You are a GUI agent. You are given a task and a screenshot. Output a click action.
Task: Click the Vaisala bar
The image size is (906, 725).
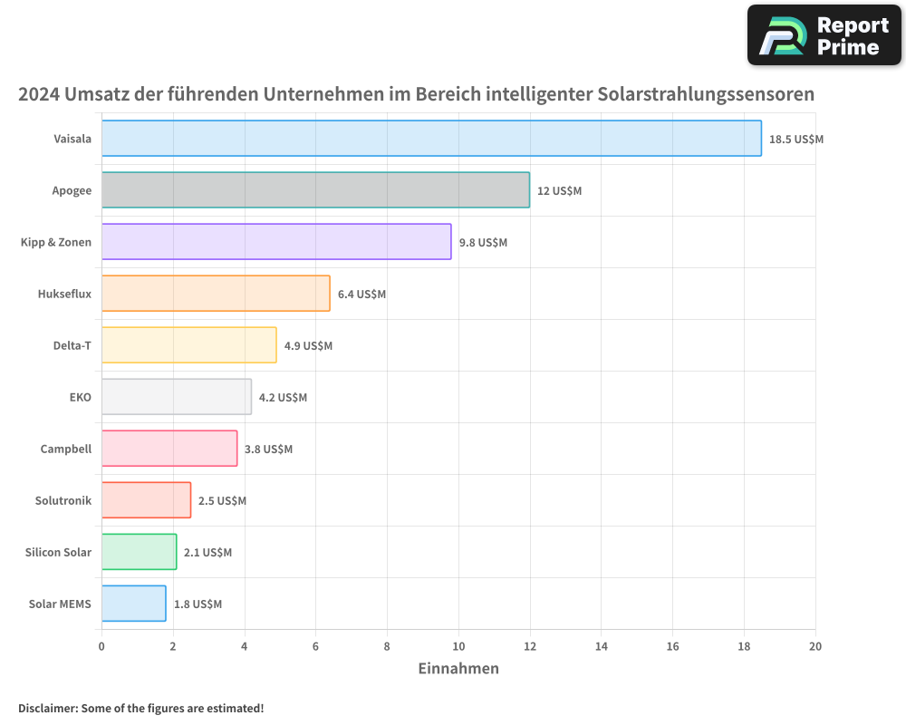point(431,139)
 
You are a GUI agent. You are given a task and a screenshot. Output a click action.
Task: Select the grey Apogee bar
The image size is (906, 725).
point(315,190)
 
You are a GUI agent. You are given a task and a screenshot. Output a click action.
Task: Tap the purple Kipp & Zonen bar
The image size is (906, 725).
point(276,242)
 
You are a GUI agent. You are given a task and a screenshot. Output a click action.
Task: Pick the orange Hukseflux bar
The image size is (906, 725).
point(216,294)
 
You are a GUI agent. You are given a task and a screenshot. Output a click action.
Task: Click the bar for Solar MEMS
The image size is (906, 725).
point(133,604)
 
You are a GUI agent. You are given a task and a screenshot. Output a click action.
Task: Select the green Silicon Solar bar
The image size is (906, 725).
point(139,552)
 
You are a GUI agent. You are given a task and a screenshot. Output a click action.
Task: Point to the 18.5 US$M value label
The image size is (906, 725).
point(795,140)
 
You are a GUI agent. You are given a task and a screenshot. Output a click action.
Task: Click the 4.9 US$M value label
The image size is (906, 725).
point(308,346)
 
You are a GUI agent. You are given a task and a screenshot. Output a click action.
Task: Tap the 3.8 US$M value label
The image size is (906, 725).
point(268,449)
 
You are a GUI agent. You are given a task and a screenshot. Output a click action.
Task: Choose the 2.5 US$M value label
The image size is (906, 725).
point(222,501)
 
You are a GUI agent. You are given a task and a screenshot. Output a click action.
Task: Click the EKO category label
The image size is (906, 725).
point(80,397)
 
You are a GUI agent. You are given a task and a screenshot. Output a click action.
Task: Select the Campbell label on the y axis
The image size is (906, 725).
point(65,449)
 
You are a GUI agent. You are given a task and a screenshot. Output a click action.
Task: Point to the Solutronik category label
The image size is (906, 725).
point(63,500)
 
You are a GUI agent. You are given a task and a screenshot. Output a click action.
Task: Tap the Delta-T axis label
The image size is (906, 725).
point(72,345)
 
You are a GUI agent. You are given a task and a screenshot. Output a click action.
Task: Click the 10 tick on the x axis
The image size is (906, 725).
point(458,646)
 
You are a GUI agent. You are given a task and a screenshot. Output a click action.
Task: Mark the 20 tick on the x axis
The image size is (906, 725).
point(815,646)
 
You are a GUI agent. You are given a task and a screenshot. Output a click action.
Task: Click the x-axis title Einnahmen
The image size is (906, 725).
point(458,669)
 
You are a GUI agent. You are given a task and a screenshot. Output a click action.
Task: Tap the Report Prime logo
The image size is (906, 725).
point(824,35)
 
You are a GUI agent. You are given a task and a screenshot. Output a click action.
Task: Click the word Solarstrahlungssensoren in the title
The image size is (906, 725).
point(706,94)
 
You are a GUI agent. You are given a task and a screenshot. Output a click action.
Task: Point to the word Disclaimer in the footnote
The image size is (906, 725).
point(46,708)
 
